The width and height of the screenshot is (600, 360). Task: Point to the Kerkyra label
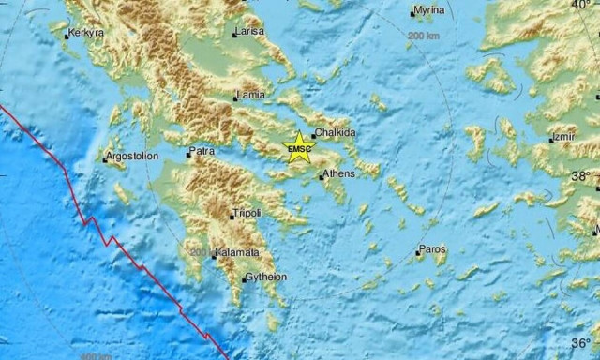click(x=84, y=34)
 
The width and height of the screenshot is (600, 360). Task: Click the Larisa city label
click(x=250, y=32)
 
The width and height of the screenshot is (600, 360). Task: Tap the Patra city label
click(x=202, y=151)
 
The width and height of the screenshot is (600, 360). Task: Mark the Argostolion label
click(x=133, y=157)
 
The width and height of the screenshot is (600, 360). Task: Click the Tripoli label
click(x=247, y=214)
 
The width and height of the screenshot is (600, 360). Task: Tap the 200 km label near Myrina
click(x=424, y=35)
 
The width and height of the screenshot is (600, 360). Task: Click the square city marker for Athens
click(x=321, y=174)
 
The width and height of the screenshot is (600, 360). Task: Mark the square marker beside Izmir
click(x=551, y=139)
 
